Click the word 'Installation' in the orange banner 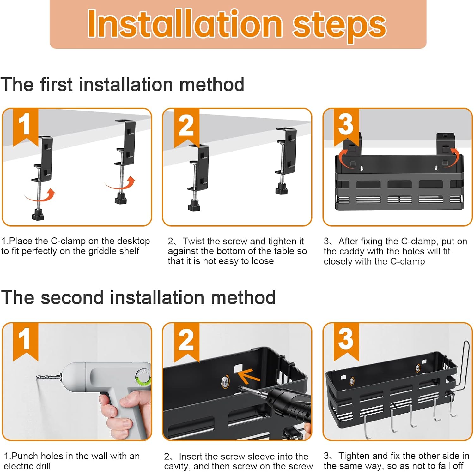[x=185, y=24]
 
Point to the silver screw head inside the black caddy [x=226, y=381]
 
